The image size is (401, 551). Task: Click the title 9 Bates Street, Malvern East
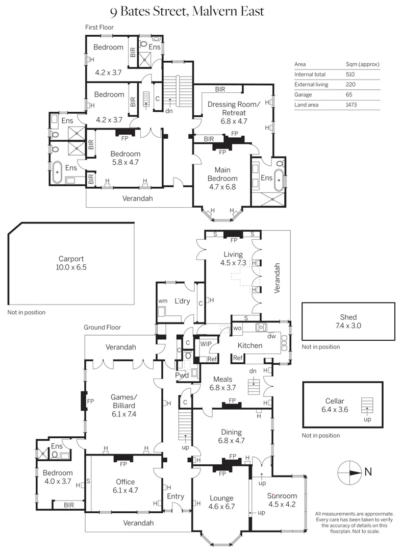188,11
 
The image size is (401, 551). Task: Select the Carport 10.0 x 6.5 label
71,263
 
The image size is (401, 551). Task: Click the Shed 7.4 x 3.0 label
348,321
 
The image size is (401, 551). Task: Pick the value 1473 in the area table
351,105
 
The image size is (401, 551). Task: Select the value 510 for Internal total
350,74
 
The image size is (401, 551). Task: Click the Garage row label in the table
303,95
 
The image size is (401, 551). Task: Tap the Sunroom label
282,495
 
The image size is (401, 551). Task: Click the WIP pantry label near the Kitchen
206,344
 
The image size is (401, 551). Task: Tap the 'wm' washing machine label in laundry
162,301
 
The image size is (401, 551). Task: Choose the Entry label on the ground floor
176,496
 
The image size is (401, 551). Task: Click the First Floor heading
99,27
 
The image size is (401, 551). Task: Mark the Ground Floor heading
103,328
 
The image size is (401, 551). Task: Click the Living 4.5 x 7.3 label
233,259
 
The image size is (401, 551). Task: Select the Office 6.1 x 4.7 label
126,486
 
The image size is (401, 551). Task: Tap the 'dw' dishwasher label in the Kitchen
271,336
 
